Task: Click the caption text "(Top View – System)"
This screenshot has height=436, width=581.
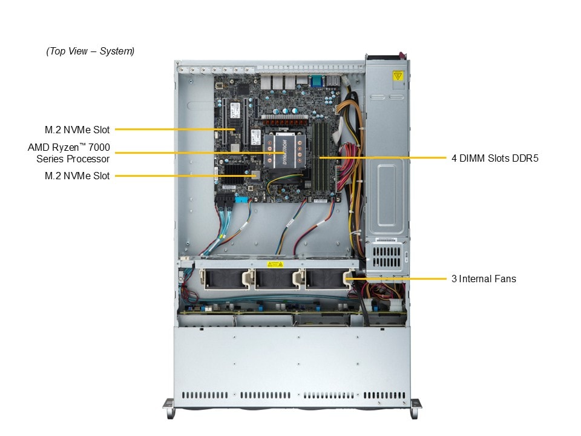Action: pyautogui.click(x=90, y=51)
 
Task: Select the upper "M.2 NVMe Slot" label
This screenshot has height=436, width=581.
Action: pyautogui.click(x=77, y=129)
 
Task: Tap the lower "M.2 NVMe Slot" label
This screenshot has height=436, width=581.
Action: pyautogui.click(x=77, y=176)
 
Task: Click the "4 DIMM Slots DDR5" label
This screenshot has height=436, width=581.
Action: pyautogui.click(x=494, y=158)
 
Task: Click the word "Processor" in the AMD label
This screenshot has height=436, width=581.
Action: pyautogui.click(x=88, y=159)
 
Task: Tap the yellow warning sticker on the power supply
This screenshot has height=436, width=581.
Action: pyautogui.click(x=398, y=76)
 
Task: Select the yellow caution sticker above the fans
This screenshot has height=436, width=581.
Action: pyautogui.click(x=275, y=265)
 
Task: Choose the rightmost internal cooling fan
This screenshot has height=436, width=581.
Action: pyautogui.click(x=324, y=280)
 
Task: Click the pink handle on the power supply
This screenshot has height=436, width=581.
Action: pyautogui.click(x=387, y=57)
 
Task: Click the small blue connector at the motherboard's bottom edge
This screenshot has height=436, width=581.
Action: pyautogui.click(x=241, y=199)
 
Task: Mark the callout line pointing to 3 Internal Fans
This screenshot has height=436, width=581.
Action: pyautogui.click(x=399, y=279)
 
